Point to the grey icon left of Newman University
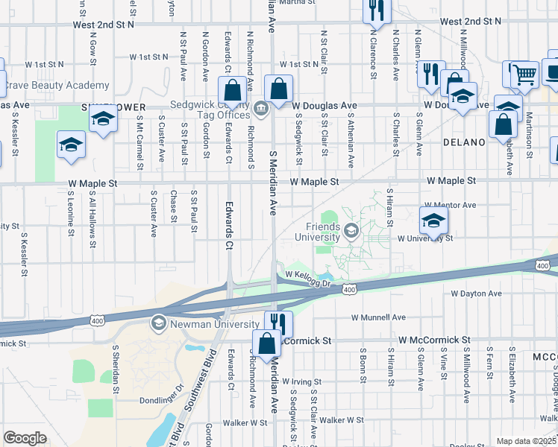[x=158, y=323]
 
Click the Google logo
[x=25, y=438]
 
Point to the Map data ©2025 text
[x=526, y=441]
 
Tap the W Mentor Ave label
[x=449, y=205]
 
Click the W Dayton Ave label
[x=476, y=294]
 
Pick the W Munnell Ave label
[x=378, y=317]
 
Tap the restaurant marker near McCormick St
[x=278, y=323]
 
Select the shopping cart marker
[x=523, y=74]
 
